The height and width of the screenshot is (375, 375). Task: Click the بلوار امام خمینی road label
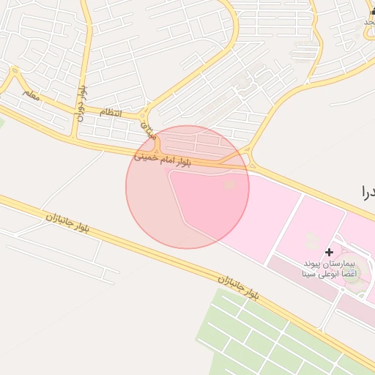[x=162, y=159]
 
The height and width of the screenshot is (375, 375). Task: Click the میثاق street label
[x=149, y=132]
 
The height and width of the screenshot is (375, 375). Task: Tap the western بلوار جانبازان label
[x=67, y=223]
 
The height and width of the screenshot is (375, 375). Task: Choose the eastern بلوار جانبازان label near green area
[x=238, y=286]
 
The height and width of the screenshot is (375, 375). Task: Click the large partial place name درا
[x=366, y=193]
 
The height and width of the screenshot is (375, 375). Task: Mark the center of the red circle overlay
[x=187, y=187]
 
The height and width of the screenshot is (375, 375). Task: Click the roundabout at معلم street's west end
[x=14, y=71]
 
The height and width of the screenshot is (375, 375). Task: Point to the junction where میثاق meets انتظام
[x=146, y=116]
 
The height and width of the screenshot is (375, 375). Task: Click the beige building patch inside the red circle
[x=229, y=184]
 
